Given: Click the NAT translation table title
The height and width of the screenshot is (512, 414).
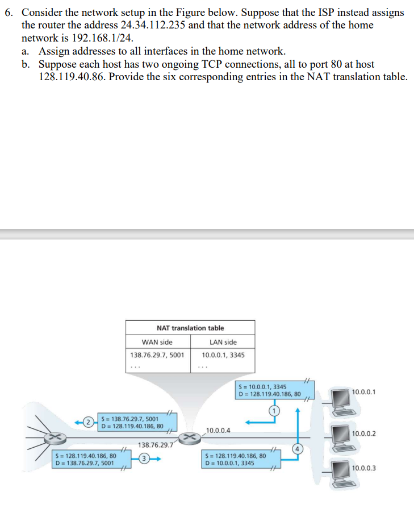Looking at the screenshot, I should point(190,328).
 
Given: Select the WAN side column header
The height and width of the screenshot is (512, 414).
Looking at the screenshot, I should point(157,342).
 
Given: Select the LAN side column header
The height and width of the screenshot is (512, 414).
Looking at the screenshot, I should point(223,342).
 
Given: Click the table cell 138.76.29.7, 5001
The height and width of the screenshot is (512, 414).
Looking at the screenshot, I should point(157,354).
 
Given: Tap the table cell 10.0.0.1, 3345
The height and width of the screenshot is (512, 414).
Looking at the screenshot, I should point(223,354).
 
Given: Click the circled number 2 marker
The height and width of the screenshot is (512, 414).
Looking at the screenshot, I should point(89,422).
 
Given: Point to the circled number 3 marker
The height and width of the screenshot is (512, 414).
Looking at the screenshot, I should point(145,459).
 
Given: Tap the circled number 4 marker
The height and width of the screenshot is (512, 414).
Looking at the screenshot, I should point(296,448).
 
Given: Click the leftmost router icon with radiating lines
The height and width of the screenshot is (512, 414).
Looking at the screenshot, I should point(55,437).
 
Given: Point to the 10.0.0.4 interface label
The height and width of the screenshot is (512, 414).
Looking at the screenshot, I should point(218,430).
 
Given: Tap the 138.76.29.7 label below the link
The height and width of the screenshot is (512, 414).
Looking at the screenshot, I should point(154,445).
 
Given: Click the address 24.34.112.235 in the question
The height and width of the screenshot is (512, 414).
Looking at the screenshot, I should point(154,25).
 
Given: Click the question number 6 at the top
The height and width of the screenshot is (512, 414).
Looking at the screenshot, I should point(8,12).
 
